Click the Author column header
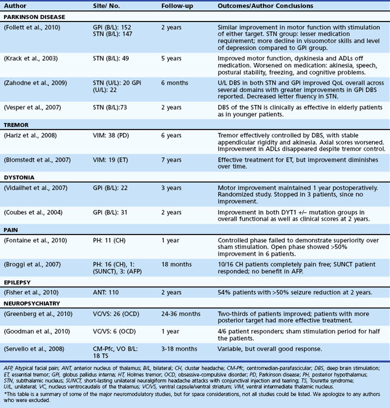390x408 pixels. [16, 5]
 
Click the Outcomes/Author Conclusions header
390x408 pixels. [265, 5]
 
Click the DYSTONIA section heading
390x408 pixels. [21, 178]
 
